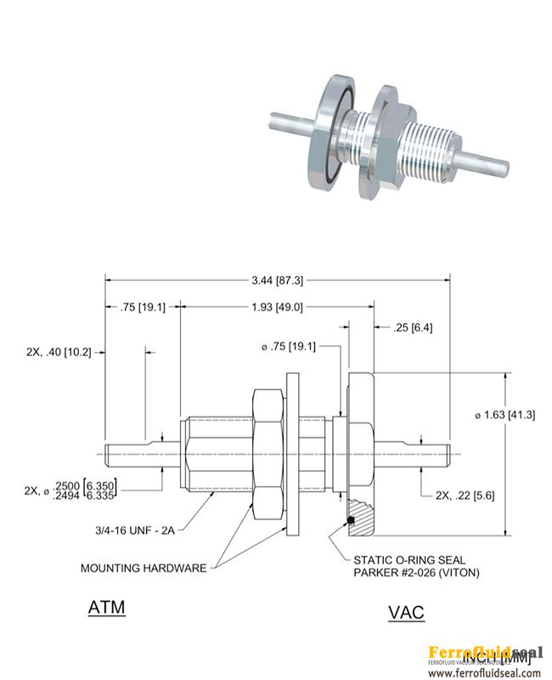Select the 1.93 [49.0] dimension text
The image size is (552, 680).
tap(277, 308)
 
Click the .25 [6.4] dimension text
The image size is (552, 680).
tap(413, 327)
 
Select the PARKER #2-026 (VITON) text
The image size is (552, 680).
tap(415, 573)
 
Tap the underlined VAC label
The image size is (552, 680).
tap(406, 612)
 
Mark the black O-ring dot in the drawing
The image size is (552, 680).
tap(349, 520)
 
